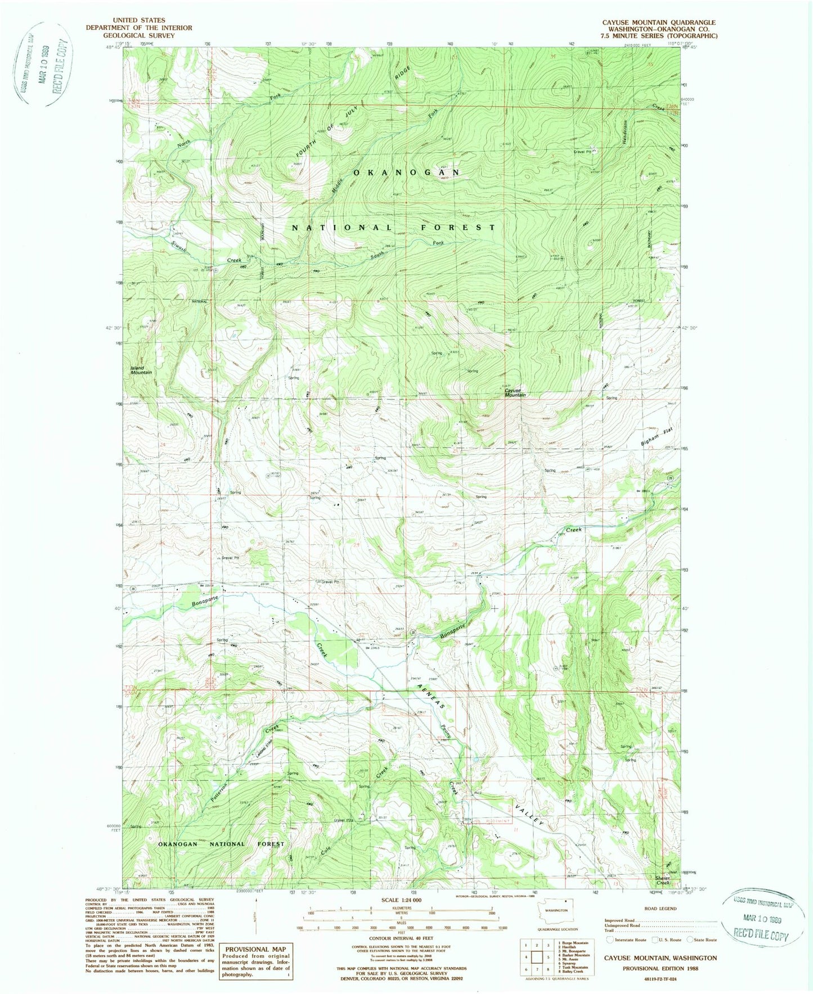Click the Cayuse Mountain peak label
515,392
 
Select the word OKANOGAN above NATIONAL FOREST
406,173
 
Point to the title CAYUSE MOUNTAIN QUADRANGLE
651,22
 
